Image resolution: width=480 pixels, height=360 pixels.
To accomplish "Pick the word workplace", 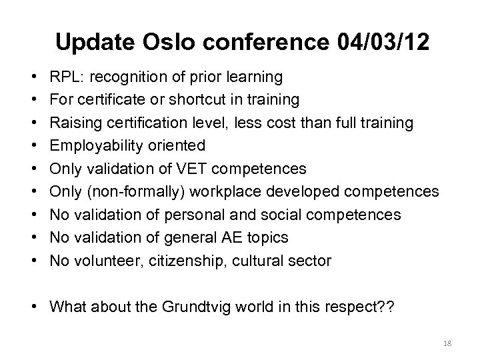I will [235, 192].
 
